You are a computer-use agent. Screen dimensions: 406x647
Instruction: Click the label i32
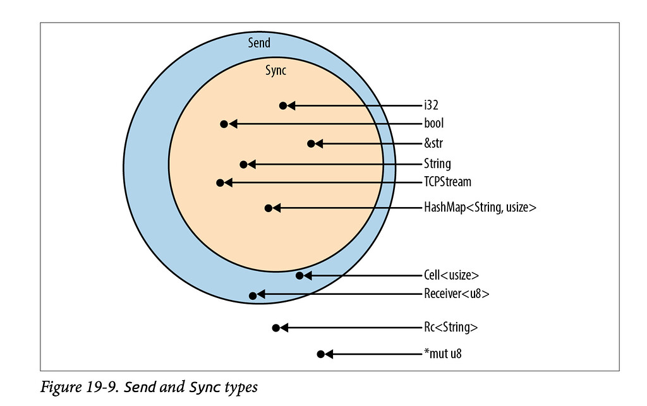pyautogui.click(x=432, y=105)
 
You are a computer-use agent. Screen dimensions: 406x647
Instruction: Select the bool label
pyautogui.click(x=433, y=124)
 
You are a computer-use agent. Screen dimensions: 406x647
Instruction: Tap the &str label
pyautogui.click(x=434, y=144)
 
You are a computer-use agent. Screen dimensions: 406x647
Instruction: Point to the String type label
pyautogui.click(x=437, y=164)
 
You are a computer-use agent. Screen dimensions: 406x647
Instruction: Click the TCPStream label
pyautogui.click(x=447, y=182)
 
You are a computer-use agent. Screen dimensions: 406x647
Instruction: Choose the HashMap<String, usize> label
pyautogui.click(x=480, y=207)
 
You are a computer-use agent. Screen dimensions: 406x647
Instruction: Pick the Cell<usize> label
pyautogui.click(x=451, y=275)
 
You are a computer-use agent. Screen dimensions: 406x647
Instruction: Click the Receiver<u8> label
pyautogui.click(x=456, y=294)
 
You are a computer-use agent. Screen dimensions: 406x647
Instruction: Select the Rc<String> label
pyautogui.click(x=450, y=328)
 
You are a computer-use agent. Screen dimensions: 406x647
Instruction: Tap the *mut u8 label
pyautogui.click(x=443, y=354)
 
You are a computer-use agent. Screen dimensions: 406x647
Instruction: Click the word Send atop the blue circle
pyautogui.click(x=259, y=43)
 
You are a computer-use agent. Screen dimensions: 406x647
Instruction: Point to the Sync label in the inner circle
pyautogui.click(x=275, y=70)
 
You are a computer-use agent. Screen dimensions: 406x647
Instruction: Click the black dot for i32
pyautogui.click(x=283, y=105)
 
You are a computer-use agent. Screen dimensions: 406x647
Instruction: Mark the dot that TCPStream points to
pyautogui.click(x=220, y=182)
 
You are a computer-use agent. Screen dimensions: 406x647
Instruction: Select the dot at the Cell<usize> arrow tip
pyautogui.click(x=299, y=275)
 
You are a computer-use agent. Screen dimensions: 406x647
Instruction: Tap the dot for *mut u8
pyautogui.click(x=320, y=354)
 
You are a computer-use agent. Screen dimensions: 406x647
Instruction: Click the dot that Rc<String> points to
pyautogui.click(x=275, y=328)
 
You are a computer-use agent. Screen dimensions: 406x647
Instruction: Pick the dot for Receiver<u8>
pyautogui.click(x=253, y=294)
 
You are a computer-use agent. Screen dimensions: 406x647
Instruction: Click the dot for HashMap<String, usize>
pyautogui.click(x=269, y=207)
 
